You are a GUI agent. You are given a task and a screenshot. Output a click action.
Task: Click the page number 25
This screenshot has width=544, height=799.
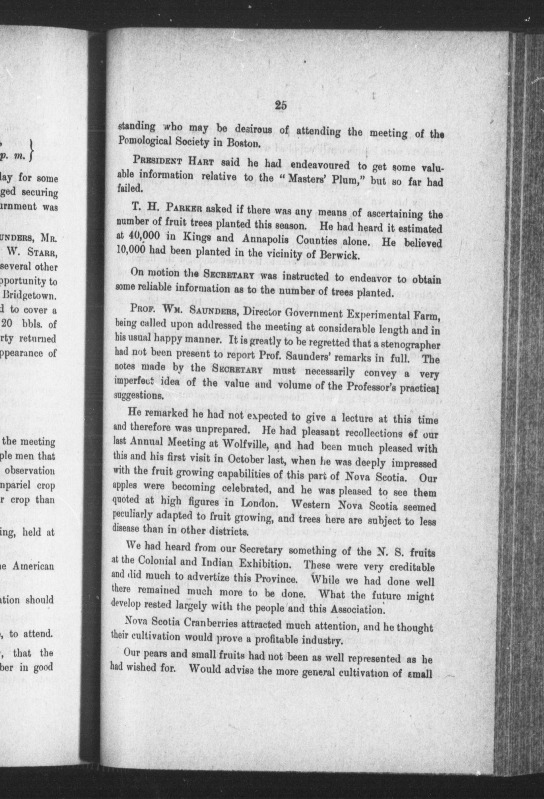coord(281,106)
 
